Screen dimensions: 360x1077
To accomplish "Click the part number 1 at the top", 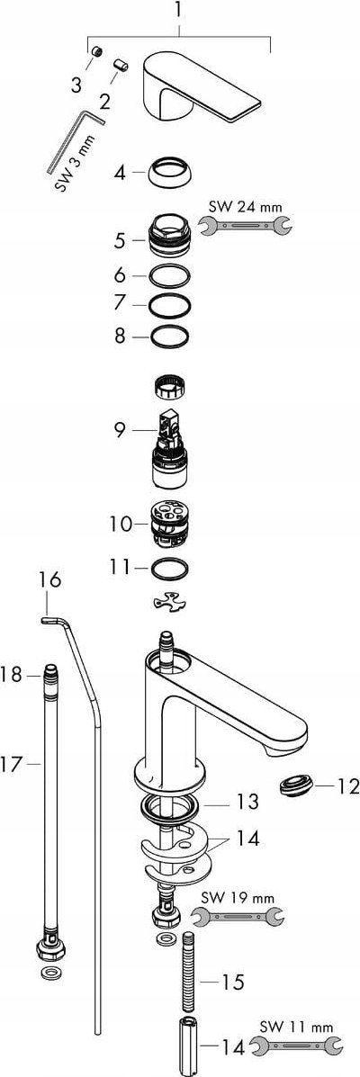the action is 178,11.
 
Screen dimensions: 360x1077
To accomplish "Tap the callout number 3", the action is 76,85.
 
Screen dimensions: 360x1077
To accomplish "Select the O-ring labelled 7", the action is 170,303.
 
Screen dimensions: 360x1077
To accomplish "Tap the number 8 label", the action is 121,337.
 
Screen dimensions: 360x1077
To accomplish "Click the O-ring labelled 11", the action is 170,570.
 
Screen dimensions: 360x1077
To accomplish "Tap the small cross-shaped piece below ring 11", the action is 170,602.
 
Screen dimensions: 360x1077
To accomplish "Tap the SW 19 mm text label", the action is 238,898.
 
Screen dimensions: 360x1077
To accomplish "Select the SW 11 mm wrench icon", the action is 295,1046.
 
